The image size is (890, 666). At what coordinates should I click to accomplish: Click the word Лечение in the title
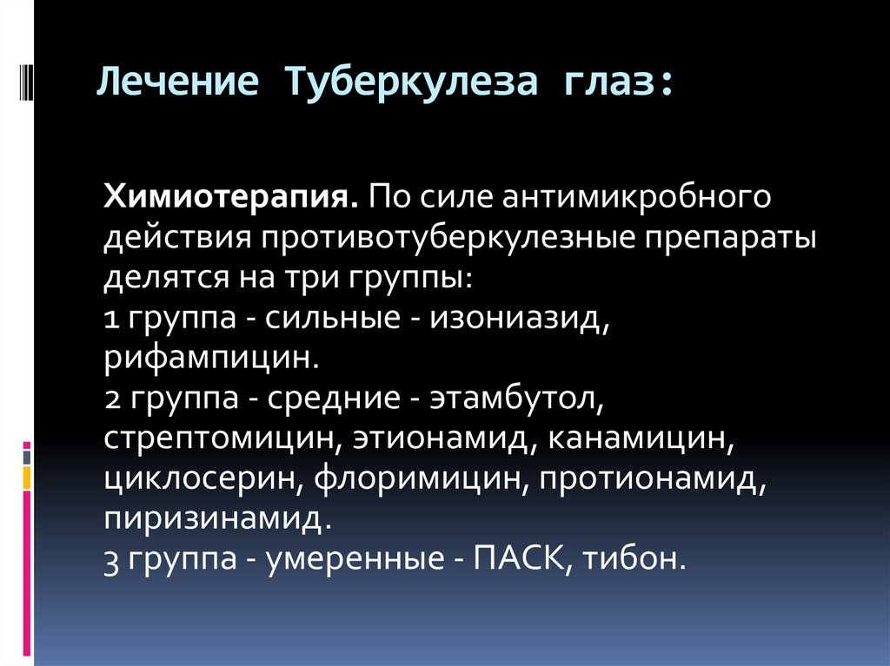point(177,81)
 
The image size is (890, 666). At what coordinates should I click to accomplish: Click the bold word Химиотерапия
point(230,197)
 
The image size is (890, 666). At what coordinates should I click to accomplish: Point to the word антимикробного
point(636,197)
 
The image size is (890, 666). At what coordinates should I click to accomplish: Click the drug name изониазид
point(520,318)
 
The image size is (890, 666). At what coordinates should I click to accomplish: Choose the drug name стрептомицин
point(222,439)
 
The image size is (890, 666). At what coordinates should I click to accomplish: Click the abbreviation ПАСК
point(520,558)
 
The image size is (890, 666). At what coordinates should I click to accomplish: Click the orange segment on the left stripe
point(27,478)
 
